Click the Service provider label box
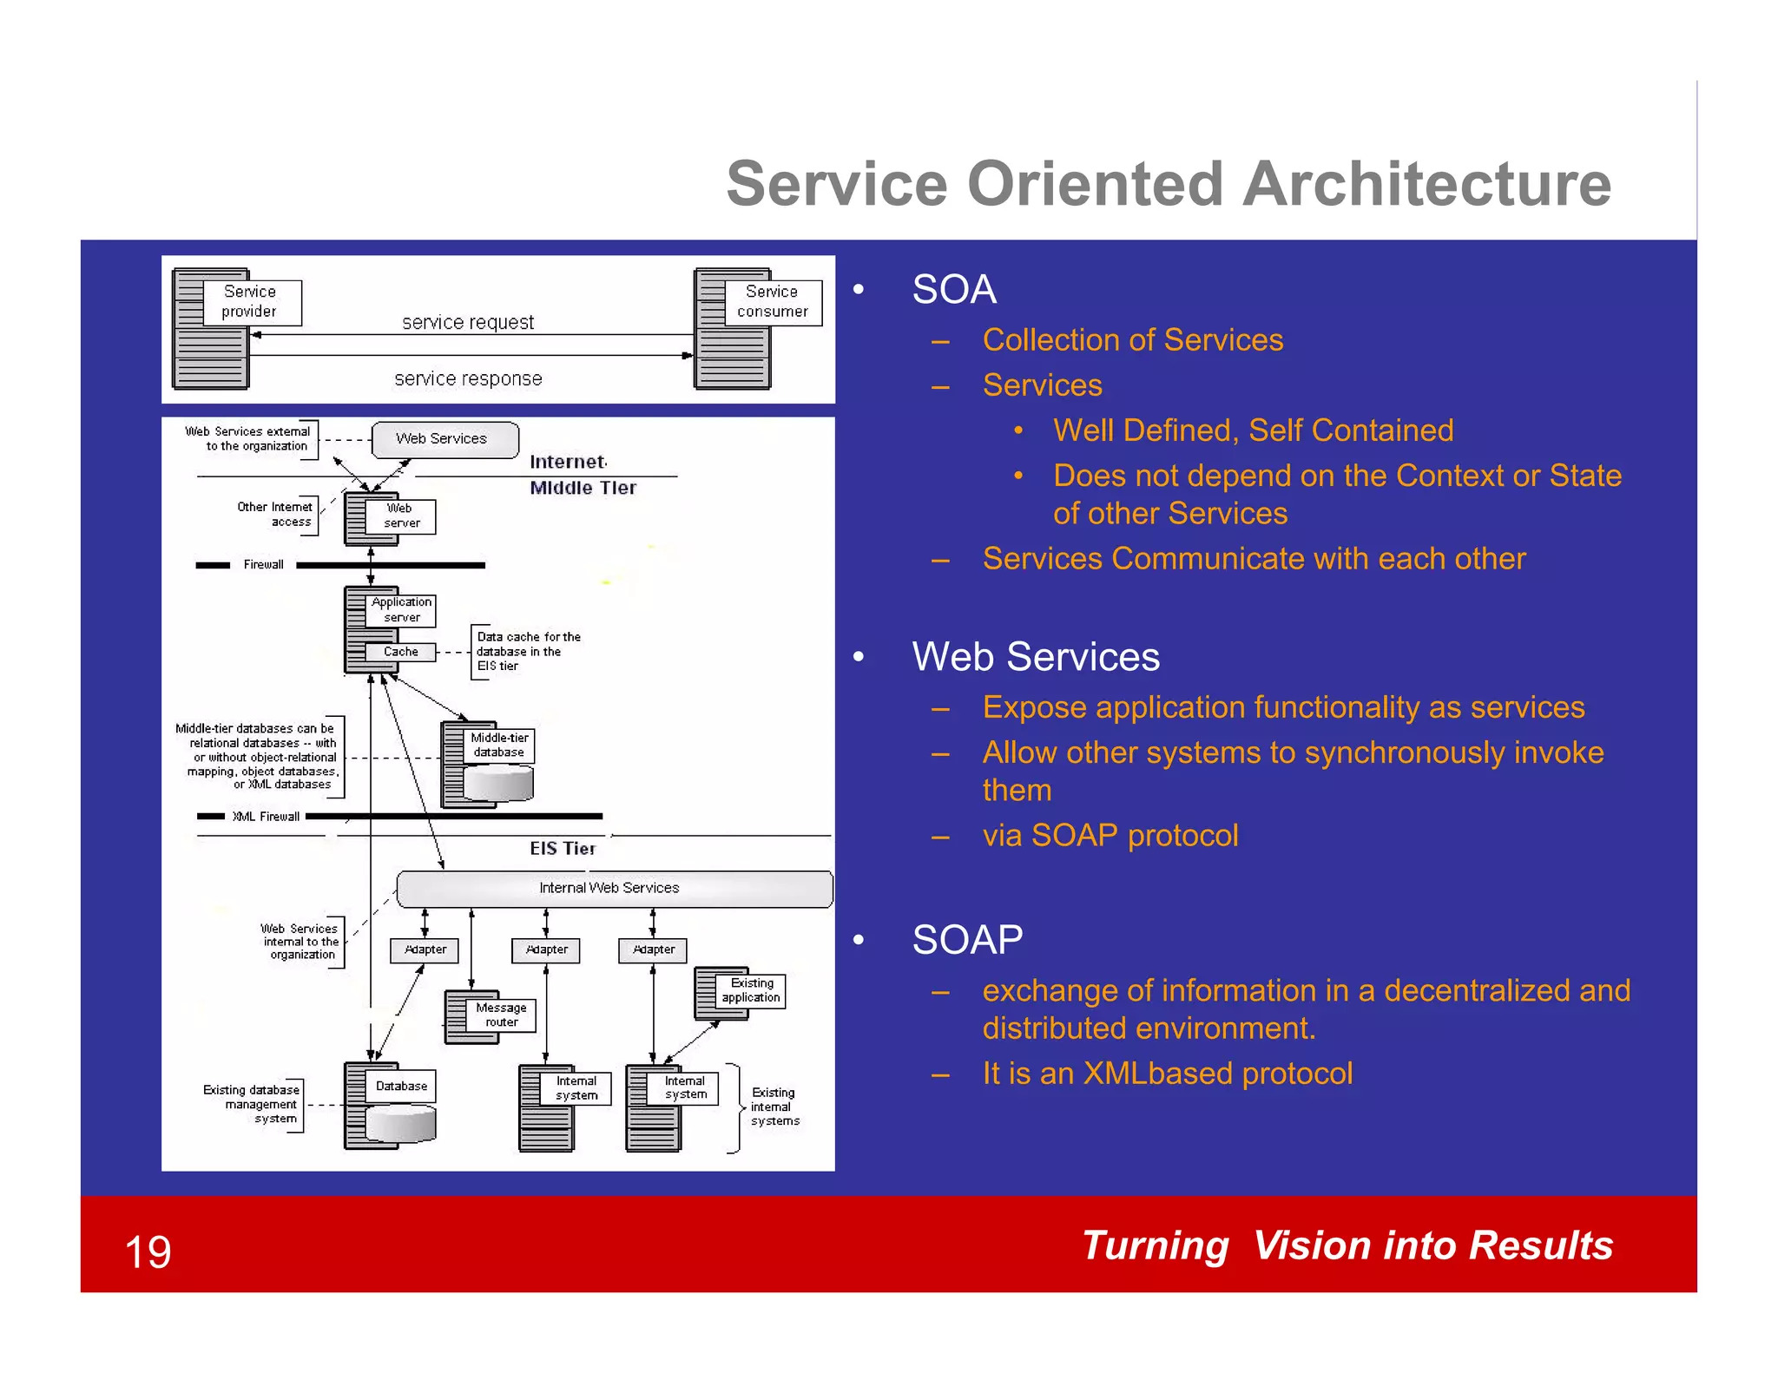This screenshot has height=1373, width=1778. (251, 302)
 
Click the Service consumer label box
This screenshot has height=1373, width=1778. (773, 302)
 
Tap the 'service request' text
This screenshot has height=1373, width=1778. (468, 322)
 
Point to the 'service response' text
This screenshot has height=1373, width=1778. (468, 378)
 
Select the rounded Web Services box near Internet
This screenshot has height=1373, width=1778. (444, 439)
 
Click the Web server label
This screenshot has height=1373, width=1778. (400, 516)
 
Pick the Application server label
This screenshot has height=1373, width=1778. (400, 609)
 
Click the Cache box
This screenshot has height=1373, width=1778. (400, 652)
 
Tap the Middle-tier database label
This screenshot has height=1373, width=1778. (499, 745)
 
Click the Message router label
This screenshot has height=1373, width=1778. (501, 1015)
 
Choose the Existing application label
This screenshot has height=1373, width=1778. (751, 990)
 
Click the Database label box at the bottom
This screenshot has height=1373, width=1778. (400, 1086)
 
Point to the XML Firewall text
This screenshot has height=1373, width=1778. (266, 817)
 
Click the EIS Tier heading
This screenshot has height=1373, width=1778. (563, 849)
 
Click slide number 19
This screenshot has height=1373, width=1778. (148, 1251)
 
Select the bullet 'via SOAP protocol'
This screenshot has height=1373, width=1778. (1110, 835)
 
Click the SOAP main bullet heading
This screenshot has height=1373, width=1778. (967, 940)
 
